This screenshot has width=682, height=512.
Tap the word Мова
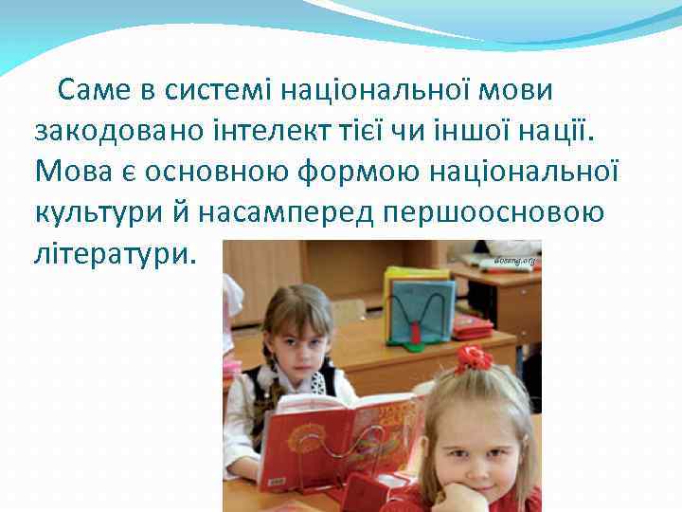(x=72, y=172)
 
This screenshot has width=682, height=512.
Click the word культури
(x=102, y=212)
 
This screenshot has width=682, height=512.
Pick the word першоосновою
(x=494, y=212)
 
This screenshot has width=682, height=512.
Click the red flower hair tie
(x=473, y=358)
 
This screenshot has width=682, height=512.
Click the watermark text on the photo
(x=514, y=259)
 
